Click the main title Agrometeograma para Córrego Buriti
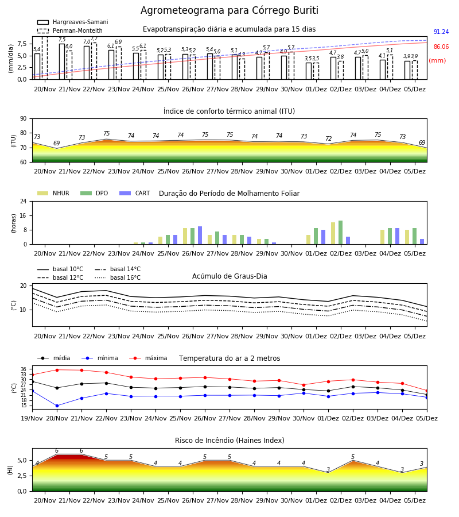pyautogui.click(x=229, y=10)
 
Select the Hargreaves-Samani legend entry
pyautogui.click(x=72, y=22)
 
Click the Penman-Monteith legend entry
pyautogui.click(x=70, y=30)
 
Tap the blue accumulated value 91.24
pyautogui.click(x=441, y=32)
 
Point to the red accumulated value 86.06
pyautogui.click(x=441, y=47)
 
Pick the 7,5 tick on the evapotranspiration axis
pyautogui.click(x=22, y=44)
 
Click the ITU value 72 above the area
pyautogui.click(x=328, y=138)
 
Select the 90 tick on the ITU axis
pyautogui.click(x=24, y=119)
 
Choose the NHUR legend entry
pyautogui.click(x=53, y=193)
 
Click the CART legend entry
pyautogui.click(x=135, y=193)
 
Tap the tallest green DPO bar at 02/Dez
pyautogui.click(x=340, y=233)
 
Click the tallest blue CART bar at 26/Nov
pyautogui.click(x=200, y=236)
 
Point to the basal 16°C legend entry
pyautogui.click(x=118, y=277)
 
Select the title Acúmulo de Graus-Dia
pyautogui.click(x=229, y=276)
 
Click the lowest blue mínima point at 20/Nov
pyautogui.click(x=57, y=406)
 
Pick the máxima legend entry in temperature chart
pyautogui.click(x=148, y=358)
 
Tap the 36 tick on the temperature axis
pyautogui.click(x=24, y=369)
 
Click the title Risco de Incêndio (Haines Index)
pyautogui.click(x=229, y=441)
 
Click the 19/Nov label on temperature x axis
pyautogui.click(x=32, y=418)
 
